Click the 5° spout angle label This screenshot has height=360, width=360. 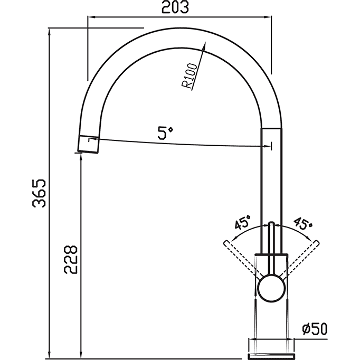[165, 132]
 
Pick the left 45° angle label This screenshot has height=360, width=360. [243, 222]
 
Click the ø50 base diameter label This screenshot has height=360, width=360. [315, 329]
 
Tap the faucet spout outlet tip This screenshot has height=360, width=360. [88, 144]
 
